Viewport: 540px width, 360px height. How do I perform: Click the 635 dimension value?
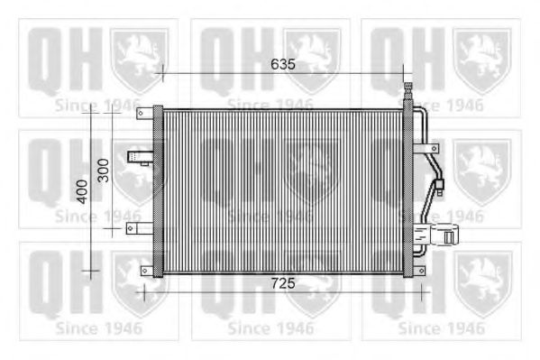click(x=283, y=65)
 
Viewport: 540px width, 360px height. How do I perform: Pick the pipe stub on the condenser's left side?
click(x=139, y=159)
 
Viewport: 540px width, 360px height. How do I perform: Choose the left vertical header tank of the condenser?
click(x=159, y=191)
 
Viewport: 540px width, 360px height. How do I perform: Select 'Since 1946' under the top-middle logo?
click(x=270, y=106)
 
